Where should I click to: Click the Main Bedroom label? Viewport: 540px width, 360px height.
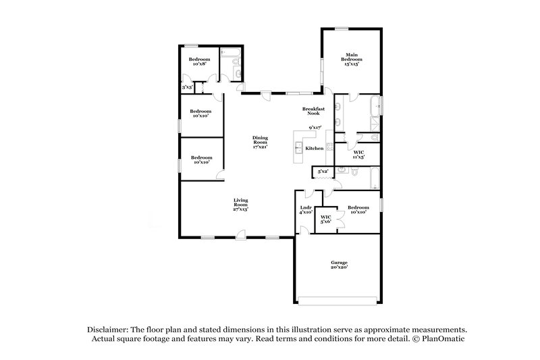pos(350,59)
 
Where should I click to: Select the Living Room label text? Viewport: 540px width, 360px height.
pos(240,205)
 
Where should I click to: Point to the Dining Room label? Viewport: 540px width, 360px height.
pos(260,143)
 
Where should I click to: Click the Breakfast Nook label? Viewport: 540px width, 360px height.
pos(314,111)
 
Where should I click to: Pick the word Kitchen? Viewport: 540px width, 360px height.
pos(314,148)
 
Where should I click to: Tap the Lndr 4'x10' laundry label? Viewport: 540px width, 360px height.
pos(306,209)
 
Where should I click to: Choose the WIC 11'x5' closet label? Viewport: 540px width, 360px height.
pos(359,155)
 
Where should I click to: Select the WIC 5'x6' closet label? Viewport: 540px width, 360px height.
pos(325,219)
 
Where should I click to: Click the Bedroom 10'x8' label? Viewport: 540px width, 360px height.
pos(199,62)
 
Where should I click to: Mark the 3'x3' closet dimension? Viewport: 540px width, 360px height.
pos(187,88)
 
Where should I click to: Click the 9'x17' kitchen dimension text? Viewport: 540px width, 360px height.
pos(315,127)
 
